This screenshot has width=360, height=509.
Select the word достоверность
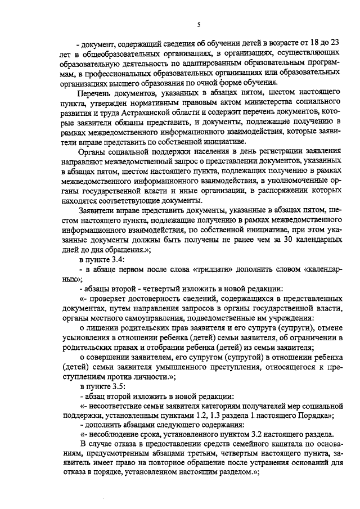point(154,299)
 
